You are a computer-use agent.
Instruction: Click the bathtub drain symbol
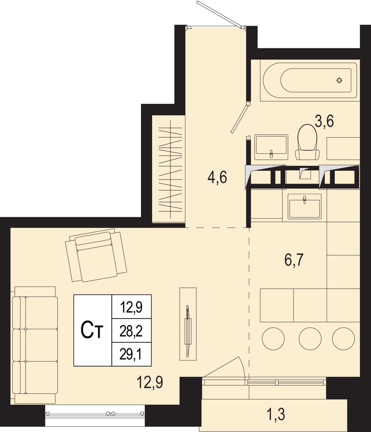click(339, 80)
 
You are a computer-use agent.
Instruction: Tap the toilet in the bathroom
click(307, 142)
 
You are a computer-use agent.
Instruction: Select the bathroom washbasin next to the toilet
click(271, 147)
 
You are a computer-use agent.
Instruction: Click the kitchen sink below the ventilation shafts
click(305, 206)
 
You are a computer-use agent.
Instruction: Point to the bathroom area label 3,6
click(324, 121)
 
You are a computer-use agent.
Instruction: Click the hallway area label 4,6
click(217, 177)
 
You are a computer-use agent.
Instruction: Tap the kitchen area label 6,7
click(294, 260)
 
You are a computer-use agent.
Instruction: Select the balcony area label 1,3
click(275, 414)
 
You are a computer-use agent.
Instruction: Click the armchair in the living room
click(96, 255)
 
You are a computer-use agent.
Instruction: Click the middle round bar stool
click(310, 338)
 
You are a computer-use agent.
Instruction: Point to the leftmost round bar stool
click(273, 338)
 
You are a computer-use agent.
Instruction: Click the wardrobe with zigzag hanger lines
click(168, 169)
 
